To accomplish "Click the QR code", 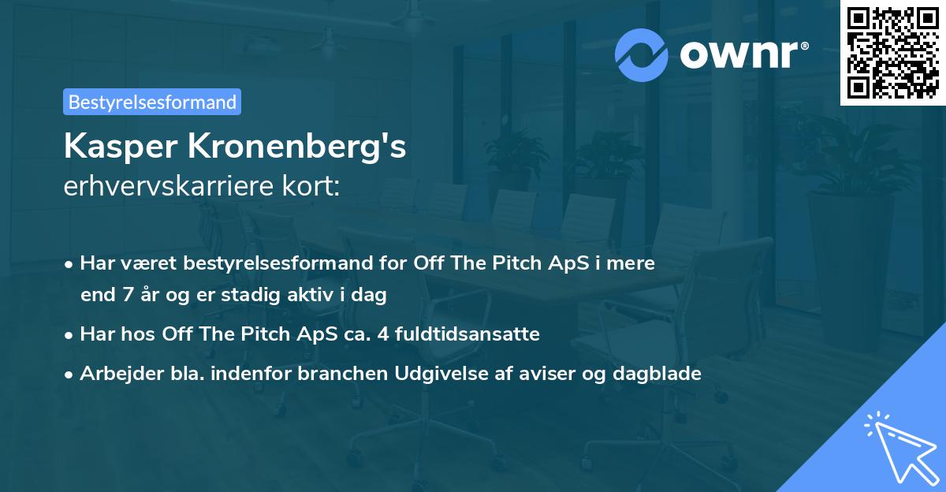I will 892,53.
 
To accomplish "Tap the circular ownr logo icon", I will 642,54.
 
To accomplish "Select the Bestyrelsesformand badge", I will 152,102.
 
